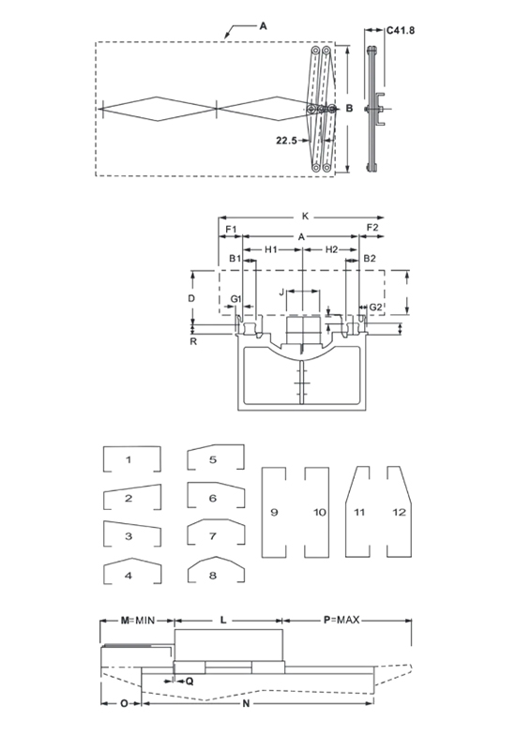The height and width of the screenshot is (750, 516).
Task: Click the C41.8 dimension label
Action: [401, 30]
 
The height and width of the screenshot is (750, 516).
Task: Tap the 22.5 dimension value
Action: [286, 140]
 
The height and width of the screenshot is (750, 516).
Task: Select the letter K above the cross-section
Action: [306, 217]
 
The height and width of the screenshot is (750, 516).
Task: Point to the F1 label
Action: [232, 230]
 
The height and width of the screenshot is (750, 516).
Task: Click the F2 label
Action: [372, 228]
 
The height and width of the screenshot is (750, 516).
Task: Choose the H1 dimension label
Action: [271, 249]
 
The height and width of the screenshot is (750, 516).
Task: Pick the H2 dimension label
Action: [332, 249]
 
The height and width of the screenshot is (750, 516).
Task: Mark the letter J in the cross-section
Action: [282, 292]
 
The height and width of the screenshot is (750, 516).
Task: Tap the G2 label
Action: [376, 307]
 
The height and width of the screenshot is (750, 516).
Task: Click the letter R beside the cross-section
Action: [193, 341]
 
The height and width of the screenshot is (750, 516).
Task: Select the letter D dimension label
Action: [191, 298]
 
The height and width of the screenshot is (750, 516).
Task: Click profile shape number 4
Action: [132, 571]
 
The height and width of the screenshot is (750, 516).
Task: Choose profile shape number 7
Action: [216, 532]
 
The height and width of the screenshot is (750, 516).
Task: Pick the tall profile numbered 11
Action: [357, 512]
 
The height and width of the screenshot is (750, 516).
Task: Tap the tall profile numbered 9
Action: [274, 512]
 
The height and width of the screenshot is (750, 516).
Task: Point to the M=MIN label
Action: [137, 621]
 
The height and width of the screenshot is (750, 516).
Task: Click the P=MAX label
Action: [341, 620]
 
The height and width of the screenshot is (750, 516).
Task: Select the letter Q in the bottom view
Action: [190, 682]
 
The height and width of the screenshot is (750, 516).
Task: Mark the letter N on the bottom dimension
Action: [246, 703]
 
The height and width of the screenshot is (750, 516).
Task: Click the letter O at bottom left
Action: [124, 703]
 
